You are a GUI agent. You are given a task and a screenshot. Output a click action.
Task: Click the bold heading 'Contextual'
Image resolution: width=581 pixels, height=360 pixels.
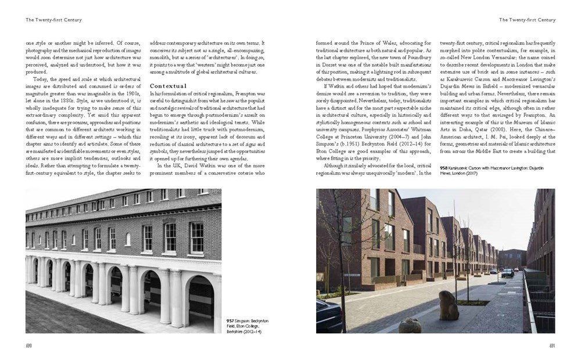tap(168, 86)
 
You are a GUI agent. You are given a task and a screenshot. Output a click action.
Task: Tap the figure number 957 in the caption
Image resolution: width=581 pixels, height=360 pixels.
tap(231, 320)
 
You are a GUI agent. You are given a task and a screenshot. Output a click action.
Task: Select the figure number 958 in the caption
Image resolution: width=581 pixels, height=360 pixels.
tap(444, 167)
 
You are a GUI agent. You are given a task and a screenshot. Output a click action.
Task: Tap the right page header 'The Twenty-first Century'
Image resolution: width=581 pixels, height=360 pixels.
tap(526, 20)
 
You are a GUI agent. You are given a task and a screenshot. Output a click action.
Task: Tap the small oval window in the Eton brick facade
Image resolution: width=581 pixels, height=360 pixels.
tap(128, 239)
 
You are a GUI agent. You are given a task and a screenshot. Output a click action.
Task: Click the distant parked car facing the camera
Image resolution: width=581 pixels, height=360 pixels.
tap(507, 272)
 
